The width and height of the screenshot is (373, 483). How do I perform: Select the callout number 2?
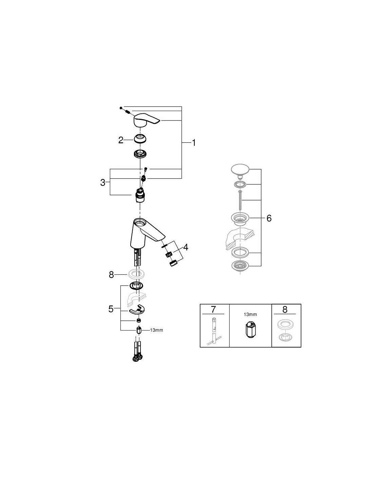121,140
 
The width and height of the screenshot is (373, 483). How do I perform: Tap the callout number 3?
103,182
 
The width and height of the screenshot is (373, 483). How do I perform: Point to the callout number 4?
185,247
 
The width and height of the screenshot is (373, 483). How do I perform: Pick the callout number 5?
111,309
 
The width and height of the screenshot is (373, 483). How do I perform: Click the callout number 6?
269,218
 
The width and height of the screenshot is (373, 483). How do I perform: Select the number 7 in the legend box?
213,309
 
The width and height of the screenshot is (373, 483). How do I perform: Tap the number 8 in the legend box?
285,309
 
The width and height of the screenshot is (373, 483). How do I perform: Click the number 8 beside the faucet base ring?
111,275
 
